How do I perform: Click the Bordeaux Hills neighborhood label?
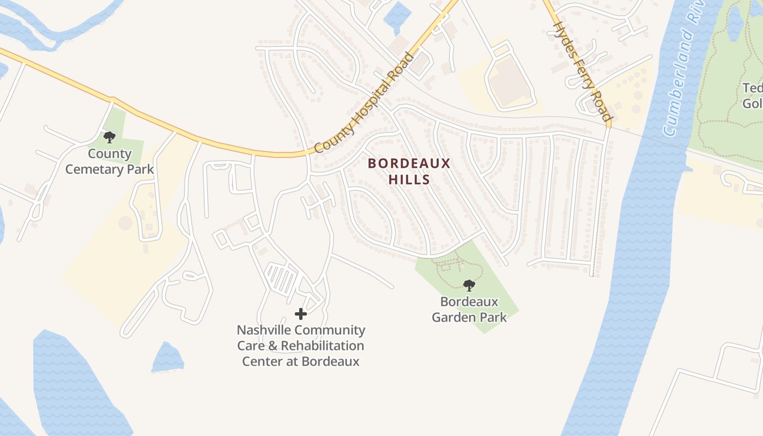tap(409, 171)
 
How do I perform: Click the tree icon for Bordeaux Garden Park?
tap(469, 285)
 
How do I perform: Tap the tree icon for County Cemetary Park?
tap(110, 136)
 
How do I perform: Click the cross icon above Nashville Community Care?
tap(300, 313)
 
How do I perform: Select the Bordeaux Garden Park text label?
tap(469, 310)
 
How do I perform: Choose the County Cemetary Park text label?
tap(110, 161)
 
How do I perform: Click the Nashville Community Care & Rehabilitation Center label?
tap(301, 346)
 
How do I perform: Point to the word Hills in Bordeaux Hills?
tap(409, 179)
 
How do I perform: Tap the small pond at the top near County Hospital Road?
tap(397, 16)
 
